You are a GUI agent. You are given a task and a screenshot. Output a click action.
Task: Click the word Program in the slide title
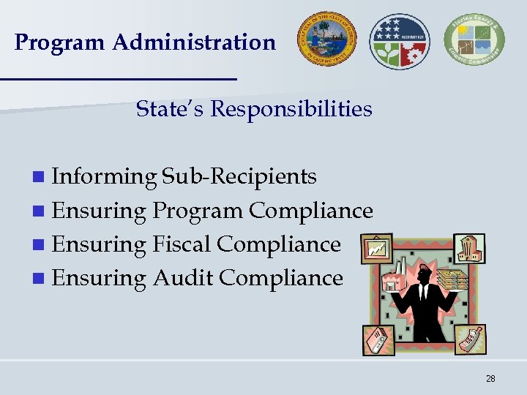(60, 43)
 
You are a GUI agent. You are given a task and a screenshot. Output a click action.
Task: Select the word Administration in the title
(194, 42)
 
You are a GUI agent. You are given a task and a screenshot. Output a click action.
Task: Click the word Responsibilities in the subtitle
(291, 110)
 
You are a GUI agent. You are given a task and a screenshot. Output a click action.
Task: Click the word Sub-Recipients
(239, 177)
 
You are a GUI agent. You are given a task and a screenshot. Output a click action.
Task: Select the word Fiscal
(182, 244)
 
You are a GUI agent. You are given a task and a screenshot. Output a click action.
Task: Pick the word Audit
(183, 278)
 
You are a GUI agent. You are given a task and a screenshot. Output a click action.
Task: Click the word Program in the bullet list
(198, 211)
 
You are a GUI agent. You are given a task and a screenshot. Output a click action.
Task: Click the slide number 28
(490, 378)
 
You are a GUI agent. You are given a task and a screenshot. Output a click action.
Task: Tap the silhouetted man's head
(425, 276)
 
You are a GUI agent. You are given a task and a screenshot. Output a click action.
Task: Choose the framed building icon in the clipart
(468, 248)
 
